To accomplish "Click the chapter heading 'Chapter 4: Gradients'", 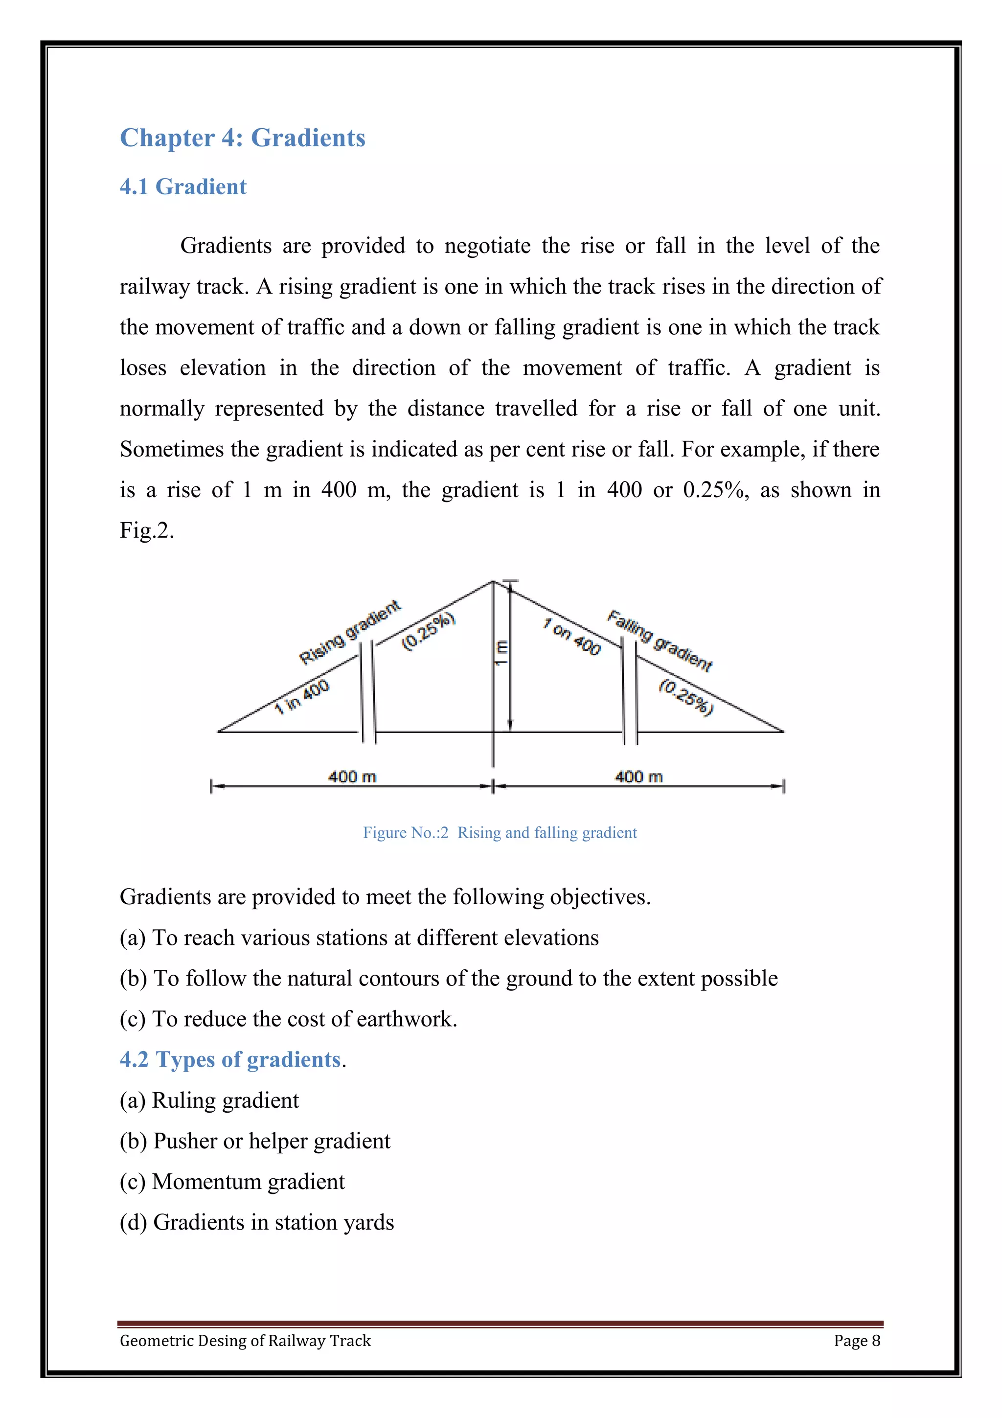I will [x=242, y=137].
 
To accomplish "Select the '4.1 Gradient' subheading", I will [x=183, y=186].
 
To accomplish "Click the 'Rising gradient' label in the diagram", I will [x=349, y=632].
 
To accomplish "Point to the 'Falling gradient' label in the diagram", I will [x=660, y=640].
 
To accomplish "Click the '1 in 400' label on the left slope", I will [x=302, y=697].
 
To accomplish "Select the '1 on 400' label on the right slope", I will [x=571, y=637].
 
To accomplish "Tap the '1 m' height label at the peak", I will [x=501, y=652].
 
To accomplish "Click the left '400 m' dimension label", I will [x=352, y=777].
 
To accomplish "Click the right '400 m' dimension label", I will [x=638, y=777].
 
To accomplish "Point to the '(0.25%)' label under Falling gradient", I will [x=686, y=697].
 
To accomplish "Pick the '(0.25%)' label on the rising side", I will [x=429, y=631].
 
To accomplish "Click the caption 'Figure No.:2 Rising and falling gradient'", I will [x=500, y=832].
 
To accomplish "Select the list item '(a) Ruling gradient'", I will [x=209, y=1100].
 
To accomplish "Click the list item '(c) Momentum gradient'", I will [x=231, y=1182].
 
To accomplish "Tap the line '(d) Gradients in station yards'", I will [x=256, y=1222].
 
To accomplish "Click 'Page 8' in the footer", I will [x=856, y=1340].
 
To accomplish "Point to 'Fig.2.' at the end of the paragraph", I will [x=146, y=530].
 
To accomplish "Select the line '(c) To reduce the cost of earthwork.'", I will [x=288, y=1019].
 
